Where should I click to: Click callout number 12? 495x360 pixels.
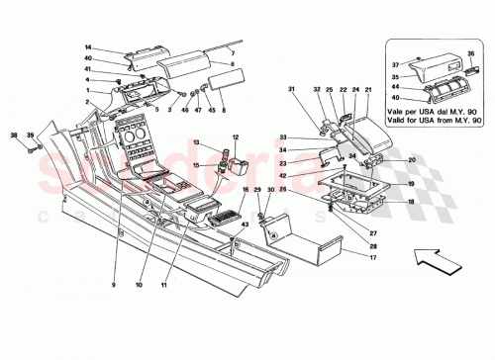(236, 136)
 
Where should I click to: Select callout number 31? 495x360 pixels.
(292, 92)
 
